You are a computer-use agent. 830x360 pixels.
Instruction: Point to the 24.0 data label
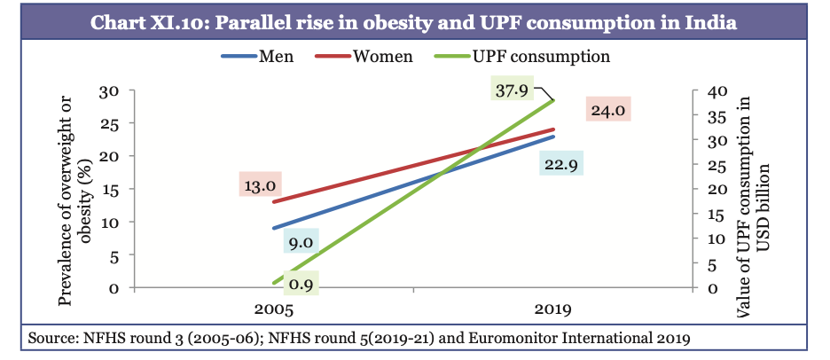pos(606,112)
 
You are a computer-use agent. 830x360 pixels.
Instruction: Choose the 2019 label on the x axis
pos(554,311)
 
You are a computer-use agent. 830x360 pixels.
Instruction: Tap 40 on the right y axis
pos(701,90)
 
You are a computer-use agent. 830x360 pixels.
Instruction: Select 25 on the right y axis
pos(701,165)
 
